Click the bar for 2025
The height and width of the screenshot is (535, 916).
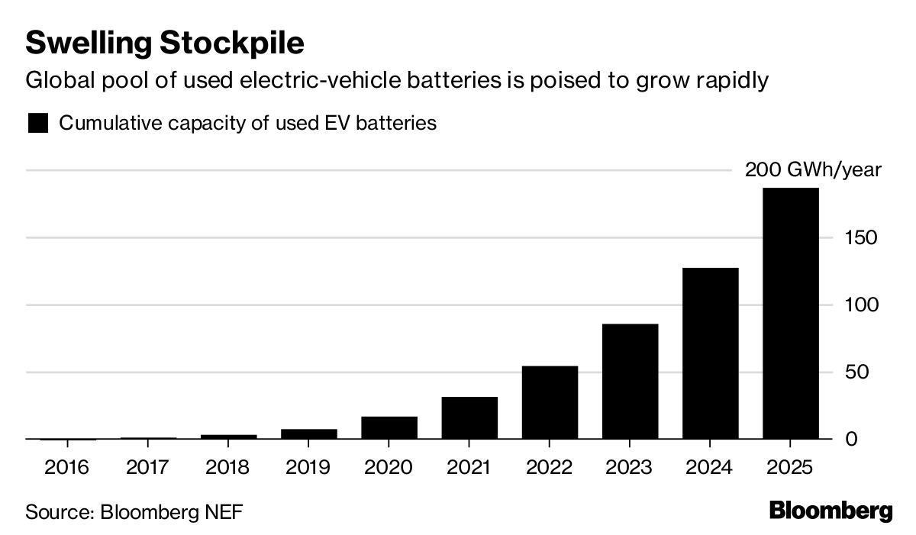point(791,314)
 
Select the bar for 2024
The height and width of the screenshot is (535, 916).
point(711,353)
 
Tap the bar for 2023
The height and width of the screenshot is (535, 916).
point(630,382)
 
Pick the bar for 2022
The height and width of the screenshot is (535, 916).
point(550,403)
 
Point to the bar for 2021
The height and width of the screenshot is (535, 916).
point(469,418)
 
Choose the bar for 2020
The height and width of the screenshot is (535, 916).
point(389,428)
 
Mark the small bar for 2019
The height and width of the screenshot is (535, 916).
point(308,434)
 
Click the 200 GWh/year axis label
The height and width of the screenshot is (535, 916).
point(813,169)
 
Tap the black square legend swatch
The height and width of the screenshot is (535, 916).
point(37,123)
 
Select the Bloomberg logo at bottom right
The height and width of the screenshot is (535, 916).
point(831,511)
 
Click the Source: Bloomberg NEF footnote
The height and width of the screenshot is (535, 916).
point(134,511)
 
